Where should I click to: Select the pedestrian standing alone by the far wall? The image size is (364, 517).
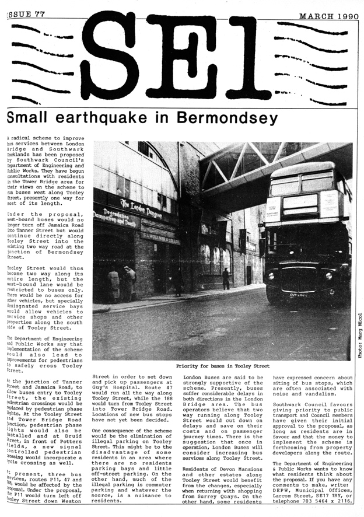coord(226,278)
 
